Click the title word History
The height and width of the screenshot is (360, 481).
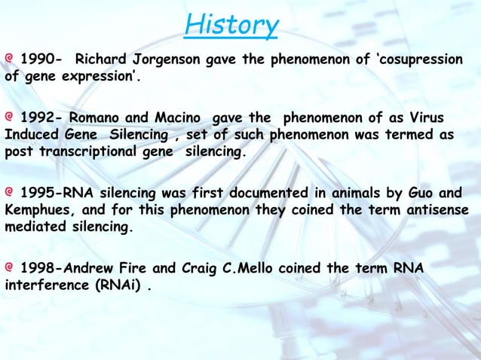click(231, 25)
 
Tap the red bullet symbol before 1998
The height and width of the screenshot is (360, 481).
click(10, 267)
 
